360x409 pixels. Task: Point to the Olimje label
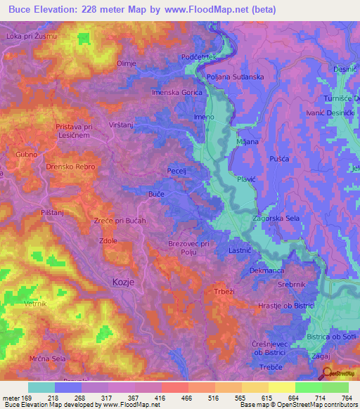pos(126,63)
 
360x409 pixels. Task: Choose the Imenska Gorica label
pos(176,92)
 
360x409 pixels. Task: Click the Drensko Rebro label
pos(71,167)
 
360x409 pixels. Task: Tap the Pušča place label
pos(278,160)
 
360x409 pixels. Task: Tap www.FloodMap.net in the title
pos(216,10)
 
